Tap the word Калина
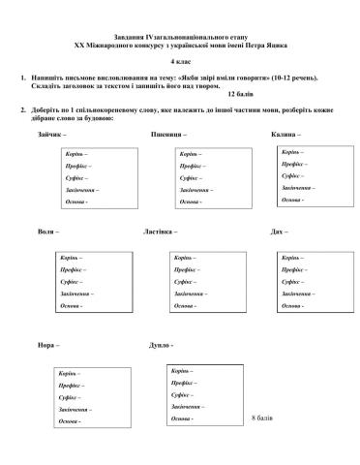pyautogui.click(x=284, y=133)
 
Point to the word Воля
pyautogui.click(x=45, y=232)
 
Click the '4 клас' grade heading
pyautogui.click(x=181, y=61)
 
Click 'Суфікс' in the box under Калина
pyautogui.click(x=291, y=176)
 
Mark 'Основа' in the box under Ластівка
pyautogui.click(x=183, y=305)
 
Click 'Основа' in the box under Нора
pyautogui.click(x=67, y=421)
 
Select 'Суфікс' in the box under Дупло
pyautogui.click(x=181, y=395)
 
